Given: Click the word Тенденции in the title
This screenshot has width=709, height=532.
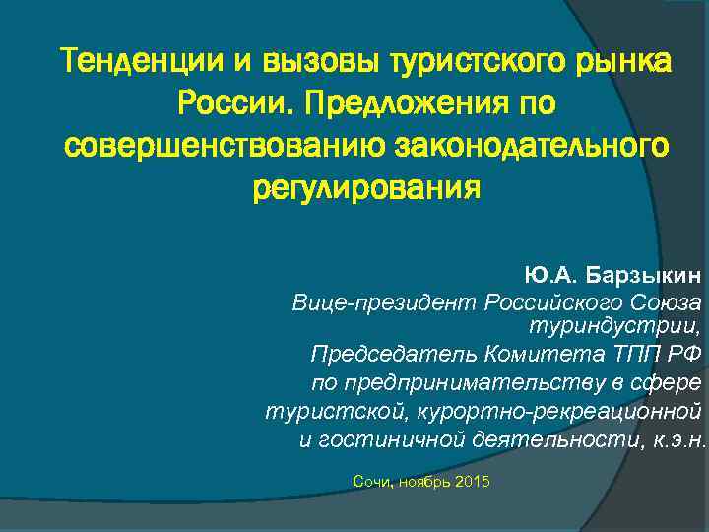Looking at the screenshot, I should coord(142,62).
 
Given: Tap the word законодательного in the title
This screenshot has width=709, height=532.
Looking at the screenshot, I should coord(530,144).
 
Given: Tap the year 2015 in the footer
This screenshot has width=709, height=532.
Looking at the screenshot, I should coord(472,481).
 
